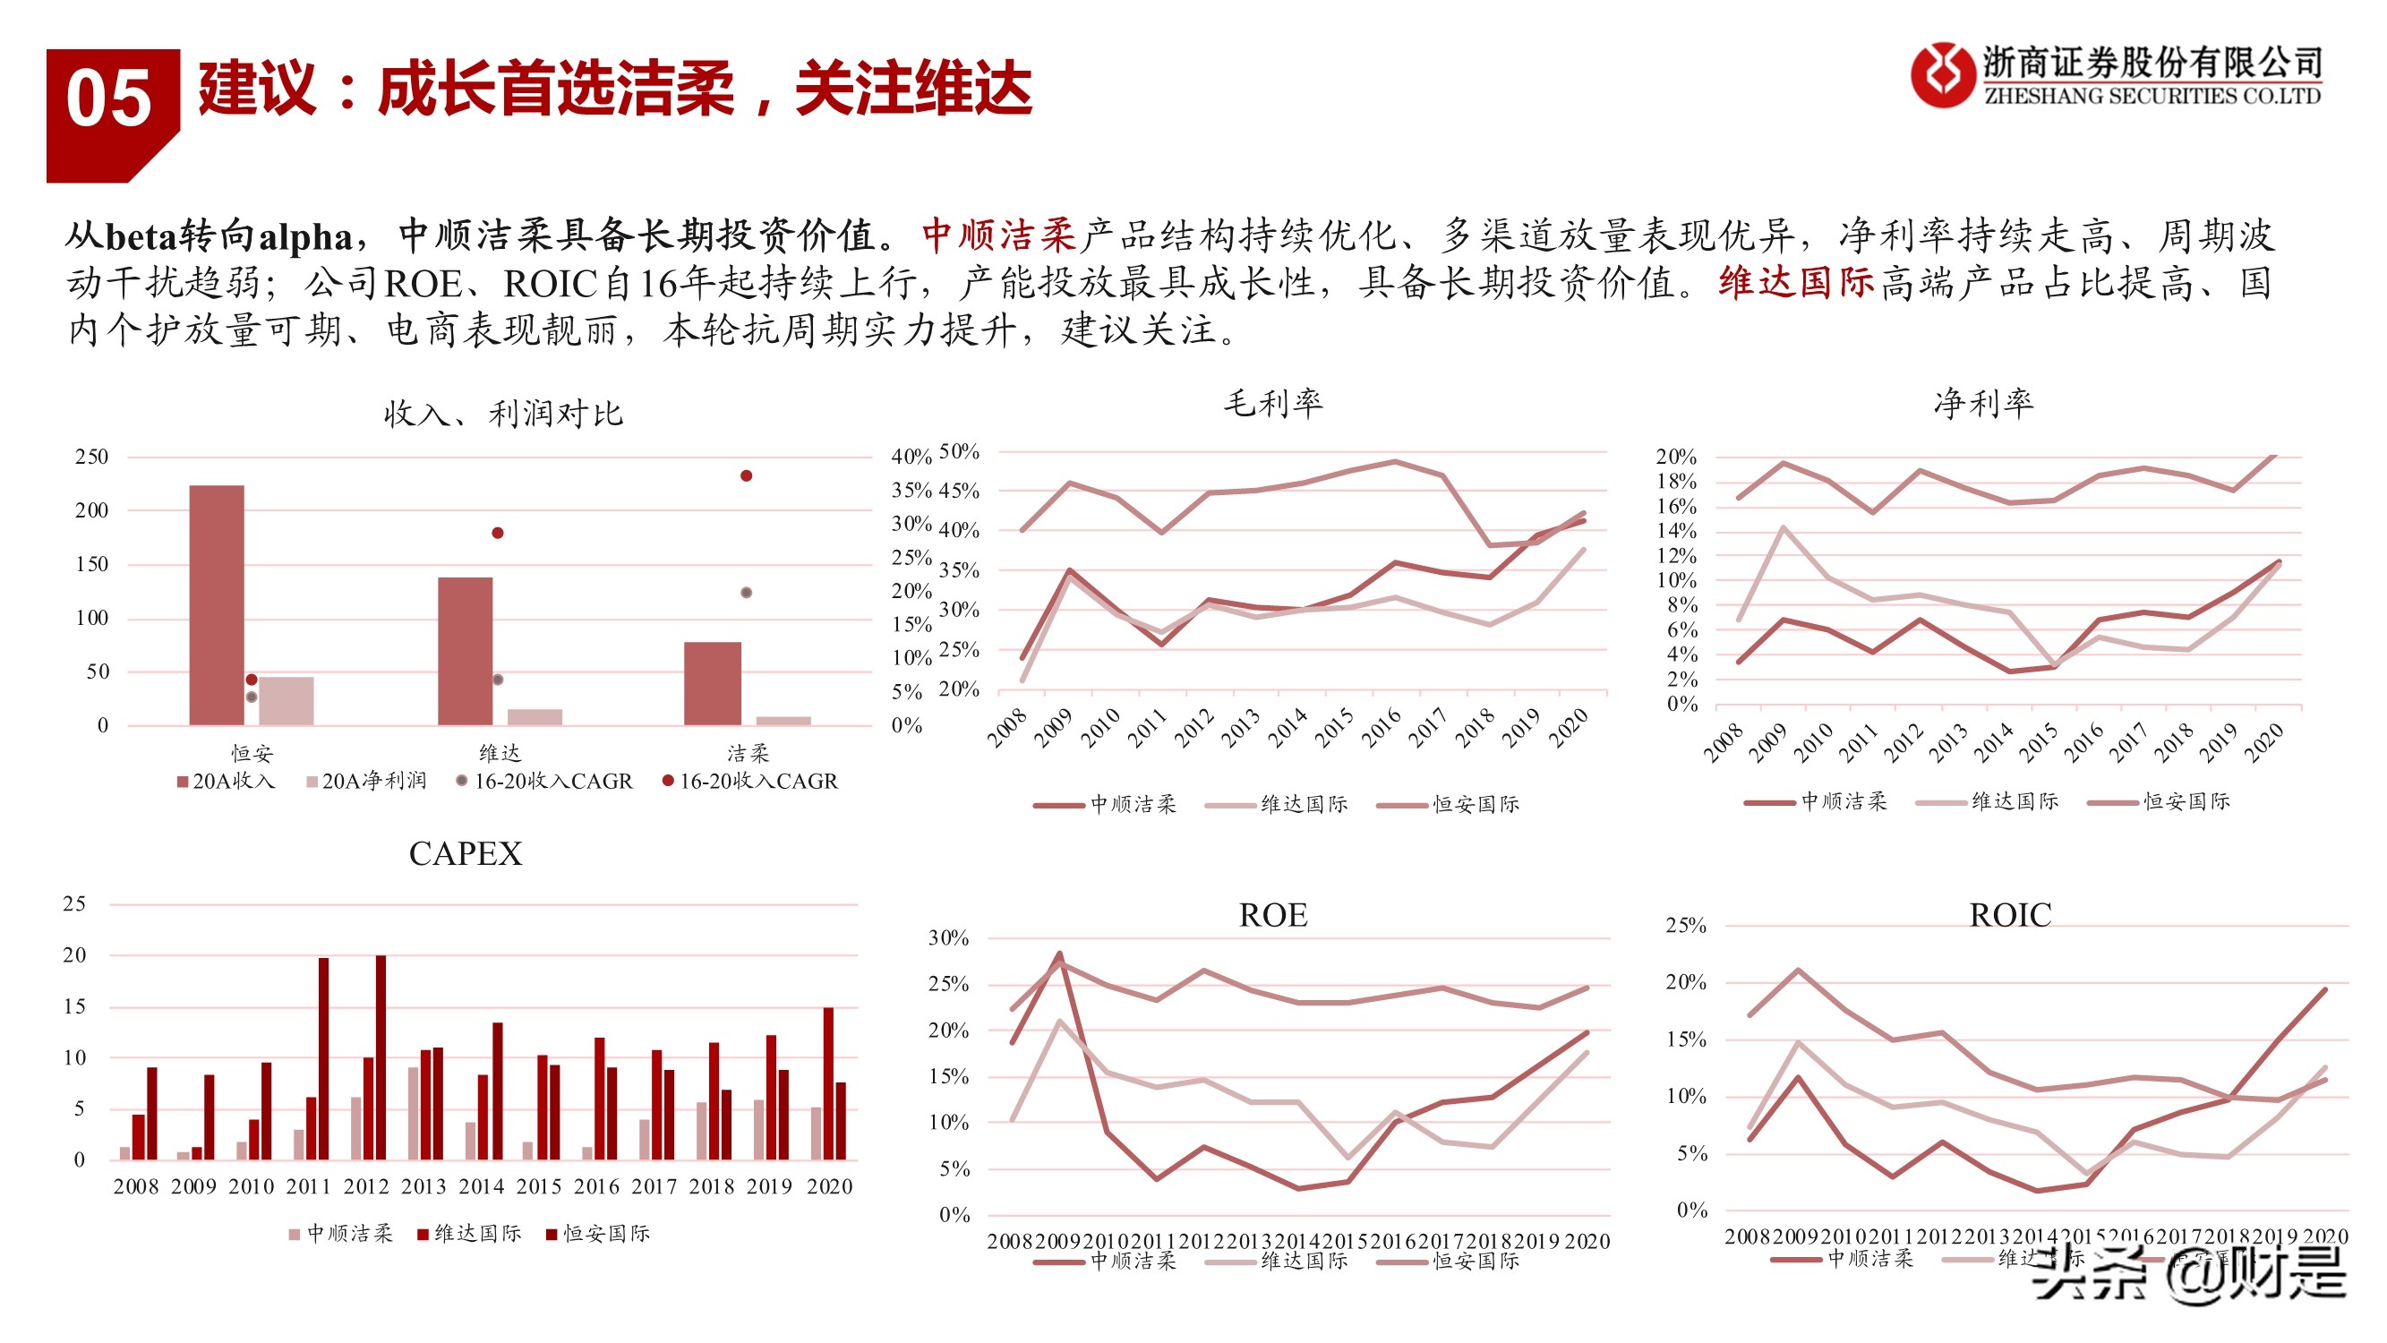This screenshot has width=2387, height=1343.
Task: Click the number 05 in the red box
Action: (x=108, y=99)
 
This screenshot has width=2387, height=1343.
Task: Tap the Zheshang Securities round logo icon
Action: (x=1942, y=75)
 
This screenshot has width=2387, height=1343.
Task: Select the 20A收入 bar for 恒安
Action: (x=217, y=604)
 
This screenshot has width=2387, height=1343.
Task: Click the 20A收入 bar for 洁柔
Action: (x=713, y=683)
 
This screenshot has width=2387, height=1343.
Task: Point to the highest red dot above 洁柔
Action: (x=746, y=475)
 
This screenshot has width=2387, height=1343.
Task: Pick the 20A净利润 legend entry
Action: (x=366, y=782)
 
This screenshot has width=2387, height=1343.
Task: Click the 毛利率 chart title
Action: (x=1273, y=403)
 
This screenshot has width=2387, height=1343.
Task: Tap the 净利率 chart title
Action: (x=1983, y=403)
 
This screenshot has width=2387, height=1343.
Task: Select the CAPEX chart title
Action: (x=466, y=853)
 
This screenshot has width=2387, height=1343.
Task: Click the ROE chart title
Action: (x=1273, y=916)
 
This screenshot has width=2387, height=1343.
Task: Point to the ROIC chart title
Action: (x=2010, y=916)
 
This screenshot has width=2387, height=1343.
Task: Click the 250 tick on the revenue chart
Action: (x=91, y=457)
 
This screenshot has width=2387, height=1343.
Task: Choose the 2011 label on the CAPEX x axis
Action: (x=309, y=1186)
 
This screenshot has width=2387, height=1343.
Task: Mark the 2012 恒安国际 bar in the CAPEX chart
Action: (x=381, y=1057)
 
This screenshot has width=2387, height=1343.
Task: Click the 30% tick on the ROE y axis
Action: (x=948, y=938)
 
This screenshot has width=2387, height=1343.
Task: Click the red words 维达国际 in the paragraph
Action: (x=1796, y=283)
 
